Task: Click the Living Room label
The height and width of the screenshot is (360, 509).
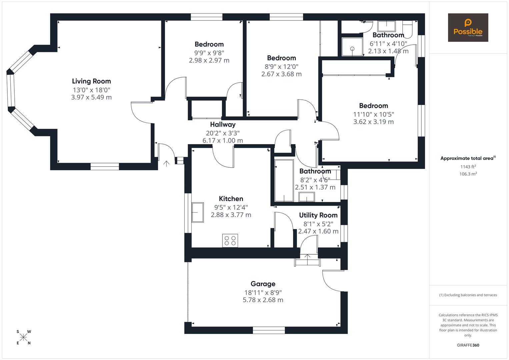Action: (x=91, y=81)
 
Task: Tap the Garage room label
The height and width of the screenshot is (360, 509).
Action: (x=263, y=284)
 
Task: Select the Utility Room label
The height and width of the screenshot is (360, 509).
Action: (x=318, y=215)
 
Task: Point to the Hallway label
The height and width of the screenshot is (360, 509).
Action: (x=223, y=124)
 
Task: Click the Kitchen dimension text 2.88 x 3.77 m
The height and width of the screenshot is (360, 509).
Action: (x=231, y=215)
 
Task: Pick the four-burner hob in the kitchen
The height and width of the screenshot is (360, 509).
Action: (x=230, y=240)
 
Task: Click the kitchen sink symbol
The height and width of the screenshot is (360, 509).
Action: (x=198, y=212)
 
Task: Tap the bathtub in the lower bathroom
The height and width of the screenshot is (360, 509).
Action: (x=283, y=181)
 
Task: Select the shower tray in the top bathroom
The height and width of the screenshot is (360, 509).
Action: (x=352, y=47)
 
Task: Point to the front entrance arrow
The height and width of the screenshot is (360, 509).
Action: (x=166, y=163)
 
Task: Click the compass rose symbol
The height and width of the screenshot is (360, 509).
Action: (x=23, y=337)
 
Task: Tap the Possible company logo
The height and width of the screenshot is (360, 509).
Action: (x=468, y=28)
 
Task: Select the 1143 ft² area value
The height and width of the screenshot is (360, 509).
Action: (x=468, y=167)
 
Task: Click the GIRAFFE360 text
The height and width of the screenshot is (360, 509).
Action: (x=468, y=345)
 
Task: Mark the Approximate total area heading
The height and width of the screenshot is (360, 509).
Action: (x=468, y=158)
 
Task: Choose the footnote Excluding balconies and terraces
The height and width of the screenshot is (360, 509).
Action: (x=468, y=295)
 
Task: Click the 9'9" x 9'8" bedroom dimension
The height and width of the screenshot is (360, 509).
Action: (x=209, y=53)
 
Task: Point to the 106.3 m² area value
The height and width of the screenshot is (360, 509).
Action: (x=468, y=174)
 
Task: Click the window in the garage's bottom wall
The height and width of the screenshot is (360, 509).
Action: (x=269, y=330)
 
